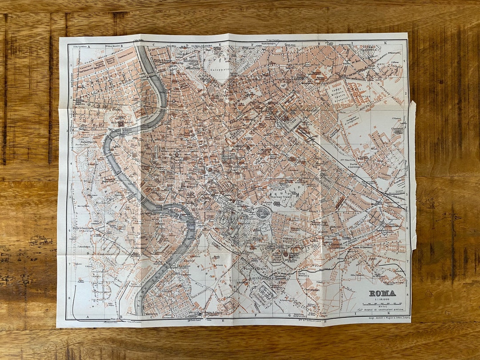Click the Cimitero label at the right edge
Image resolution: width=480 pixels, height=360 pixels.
tap(397, 129)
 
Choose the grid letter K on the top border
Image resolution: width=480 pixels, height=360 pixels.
tap(386, 43)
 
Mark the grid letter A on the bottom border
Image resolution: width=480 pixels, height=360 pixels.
tap(88, 317)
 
